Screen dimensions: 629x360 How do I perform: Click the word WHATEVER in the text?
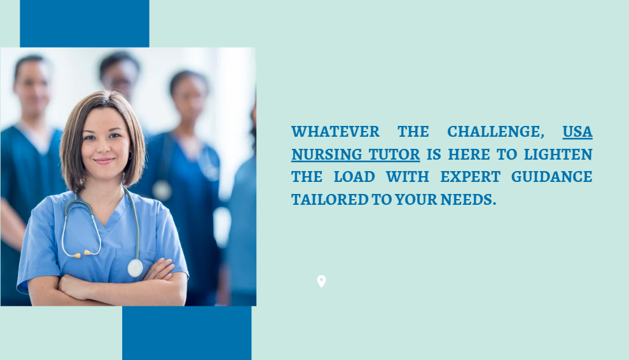click(335, 132)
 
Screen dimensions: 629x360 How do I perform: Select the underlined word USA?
click(577, 132)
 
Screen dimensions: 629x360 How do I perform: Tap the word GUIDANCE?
click(551, 177)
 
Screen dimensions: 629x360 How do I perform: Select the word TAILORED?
click(329, 200)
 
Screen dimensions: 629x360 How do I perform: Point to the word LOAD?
click(354, 177)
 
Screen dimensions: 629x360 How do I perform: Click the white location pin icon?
click(321, 281)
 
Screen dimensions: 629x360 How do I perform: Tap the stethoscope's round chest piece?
click(135, 268)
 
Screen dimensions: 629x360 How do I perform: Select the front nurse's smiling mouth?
click(104, 161)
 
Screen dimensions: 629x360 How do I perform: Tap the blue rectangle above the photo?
click(85, 24)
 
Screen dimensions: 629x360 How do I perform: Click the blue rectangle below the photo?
click(187, 333)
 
